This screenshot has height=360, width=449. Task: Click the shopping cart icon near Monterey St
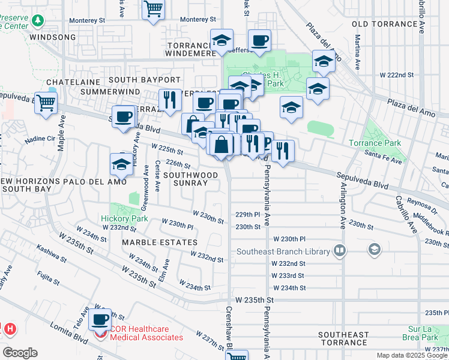pyautogui.click(x=154, y=10)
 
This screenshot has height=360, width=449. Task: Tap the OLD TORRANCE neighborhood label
pyautogui.click(x=383, y=23)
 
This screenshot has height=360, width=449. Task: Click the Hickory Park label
pyautogui.click(x=124, y=218)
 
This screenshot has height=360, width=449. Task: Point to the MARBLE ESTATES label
pyautogui.click(x=159, y=242)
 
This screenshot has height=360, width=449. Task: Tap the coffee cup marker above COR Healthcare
pyautogui.click(x=100, y=319)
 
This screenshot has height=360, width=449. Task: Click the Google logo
pyautogui.click(x=20, y=353)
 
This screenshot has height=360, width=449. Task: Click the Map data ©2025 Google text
pyautogui.click(x=411, y=355)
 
